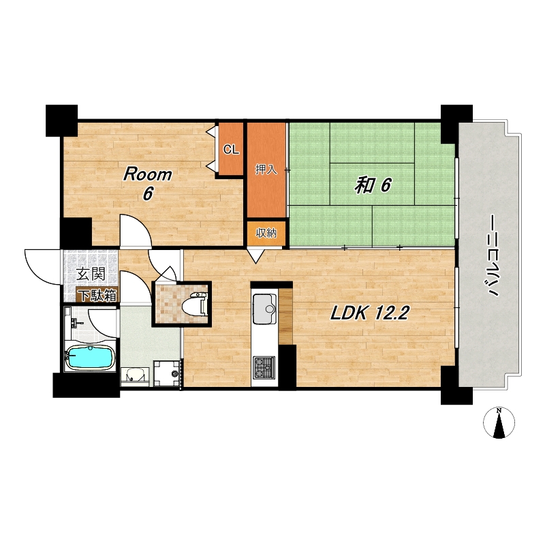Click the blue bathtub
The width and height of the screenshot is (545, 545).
[90, 358]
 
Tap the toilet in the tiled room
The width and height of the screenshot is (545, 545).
[195, 304]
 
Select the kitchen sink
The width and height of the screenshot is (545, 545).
[264, 309]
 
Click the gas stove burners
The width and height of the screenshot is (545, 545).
[264, 367]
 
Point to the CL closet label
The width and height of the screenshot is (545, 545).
[231, 150]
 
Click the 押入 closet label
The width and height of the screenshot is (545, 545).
[266, 170]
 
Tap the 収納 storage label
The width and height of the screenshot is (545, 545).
[266, 233]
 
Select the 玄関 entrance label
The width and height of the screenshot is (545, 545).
[91, 274]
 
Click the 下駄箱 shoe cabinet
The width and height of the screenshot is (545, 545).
[97, 295]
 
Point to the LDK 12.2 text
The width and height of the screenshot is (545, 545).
[370, 313]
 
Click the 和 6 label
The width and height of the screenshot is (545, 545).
[373, 185]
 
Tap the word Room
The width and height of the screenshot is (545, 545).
[148, 174]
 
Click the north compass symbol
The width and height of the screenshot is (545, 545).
[499, 422]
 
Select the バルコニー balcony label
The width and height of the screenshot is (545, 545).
[494, 255]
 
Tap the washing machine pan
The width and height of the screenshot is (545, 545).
[167, 373]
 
